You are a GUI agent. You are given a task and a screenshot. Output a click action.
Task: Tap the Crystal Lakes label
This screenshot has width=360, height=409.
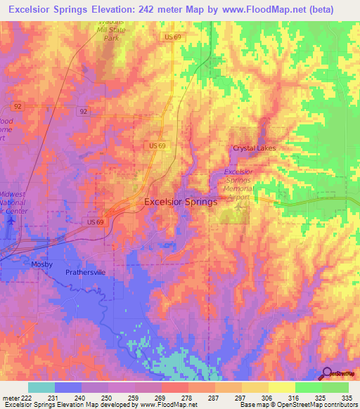(255, 148)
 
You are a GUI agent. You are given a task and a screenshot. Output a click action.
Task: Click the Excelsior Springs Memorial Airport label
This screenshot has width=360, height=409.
(240, 184)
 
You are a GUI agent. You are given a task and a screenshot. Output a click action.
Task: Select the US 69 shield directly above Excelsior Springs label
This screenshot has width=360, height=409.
(157, 145)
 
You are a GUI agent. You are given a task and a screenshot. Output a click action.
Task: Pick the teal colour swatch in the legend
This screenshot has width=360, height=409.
(41, 387)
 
